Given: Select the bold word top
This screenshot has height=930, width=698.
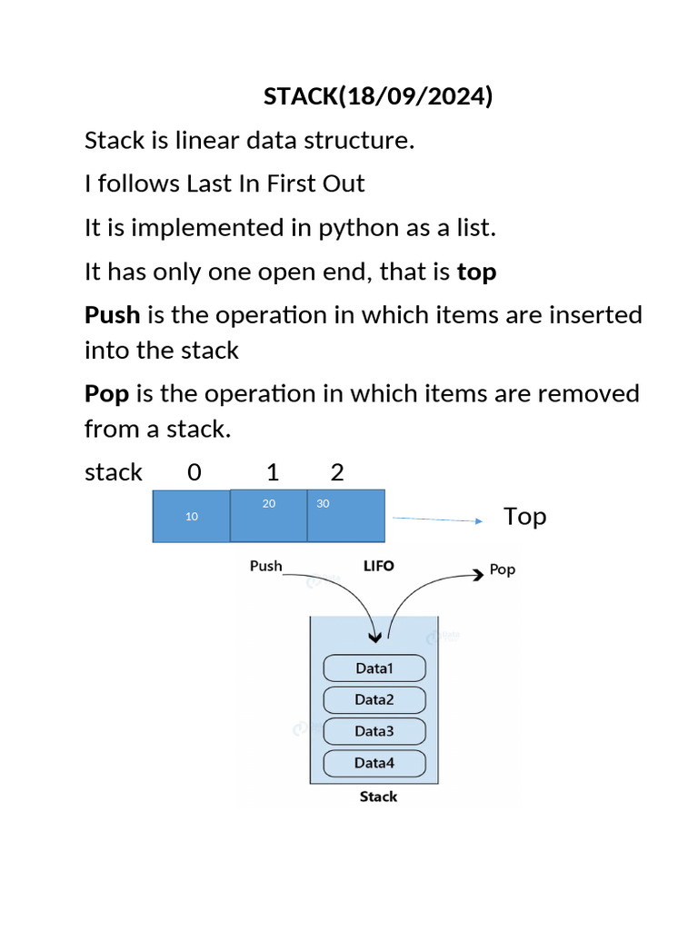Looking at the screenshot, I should (x=476, y=272).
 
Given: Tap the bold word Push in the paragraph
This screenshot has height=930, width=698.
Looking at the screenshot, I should (x=112, y=315).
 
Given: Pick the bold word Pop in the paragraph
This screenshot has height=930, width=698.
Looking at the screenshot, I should (x=106, y=394).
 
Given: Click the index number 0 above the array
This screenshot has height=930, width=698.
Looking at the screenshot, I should (x=194, y=472).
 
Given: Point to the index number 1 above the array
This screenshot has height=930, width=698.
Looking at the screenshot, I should (x=272, y=472).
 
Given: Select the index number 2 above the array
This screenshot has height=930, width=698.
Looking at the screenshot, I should (x=337, y=472).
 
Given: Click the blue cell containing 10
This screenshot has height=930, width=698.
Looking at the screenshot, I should (x=191, y=516).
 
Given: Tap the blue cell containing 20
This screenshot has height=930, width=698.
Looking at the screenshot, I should (x=269, y=515).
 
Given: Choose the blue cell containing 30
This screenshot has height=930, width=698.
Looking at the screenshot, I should (x=345, y=515).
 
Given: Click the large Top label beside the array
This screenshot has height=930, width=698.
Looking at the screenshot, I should (x=524, y=517).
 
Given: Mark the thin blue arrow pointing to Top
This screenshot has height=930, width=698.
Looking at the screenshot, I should (x=435, y=520).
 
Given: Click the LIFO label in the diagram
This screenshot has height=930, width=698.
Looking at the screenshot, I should (x=379, y=566).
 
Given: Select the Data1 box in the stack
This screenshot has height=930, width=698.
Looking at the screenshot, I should (x=374, y=669).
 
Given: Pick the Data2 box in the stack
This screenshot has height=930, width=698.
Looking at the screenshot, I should (x=374, y=700).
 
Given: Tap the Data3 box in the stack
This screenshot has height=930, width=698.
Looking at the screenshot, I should (x=374, y=732).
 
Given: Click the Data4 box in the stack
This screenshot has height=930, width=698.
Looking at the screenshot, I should (x=374, y=763).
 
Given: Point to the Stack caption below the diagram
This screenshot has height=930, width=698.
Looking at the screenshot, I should (x=378, y=796).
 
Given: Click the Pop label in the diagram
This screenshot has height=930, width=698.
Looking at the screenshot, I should (x=502, y=570).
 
